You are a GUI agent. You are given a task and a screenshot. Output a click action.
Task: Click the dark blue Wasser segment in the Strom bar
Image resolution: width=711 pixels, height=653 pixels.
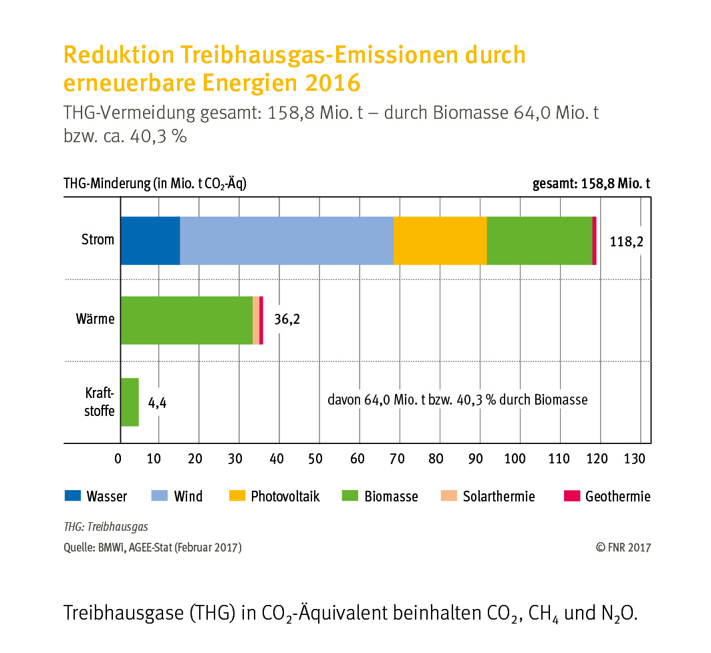pos(150,240)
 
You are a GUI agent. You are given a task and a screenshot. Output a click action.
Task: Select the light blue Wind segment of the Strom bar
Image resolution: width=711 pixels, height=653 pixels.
pos(287,240)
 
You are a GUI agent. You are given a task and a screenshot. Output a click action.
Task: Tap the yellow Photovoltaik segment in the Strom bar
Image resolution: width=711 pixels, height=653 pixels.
pos(440,240)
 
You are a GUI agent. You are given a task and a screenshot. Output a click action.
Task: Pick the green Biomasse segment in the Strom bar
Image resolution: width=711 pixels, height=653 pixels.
pos(539,240)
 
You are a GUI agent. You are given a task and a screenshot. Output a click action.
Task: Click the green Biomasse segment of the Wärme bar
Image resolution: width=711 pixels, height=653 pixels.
pos(186,320)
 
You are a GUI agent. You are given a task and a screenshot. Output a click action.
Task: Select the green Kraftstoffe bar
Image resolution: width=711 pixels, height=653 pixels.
pos(130,402)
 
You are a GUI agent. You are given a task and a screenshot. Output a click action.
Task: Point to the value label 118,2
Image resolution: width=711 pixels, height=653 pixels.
pos(626,242)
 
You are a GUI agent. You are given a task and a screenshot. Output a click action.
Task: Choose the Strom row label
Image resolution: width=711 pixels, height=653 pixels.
pos(98,240)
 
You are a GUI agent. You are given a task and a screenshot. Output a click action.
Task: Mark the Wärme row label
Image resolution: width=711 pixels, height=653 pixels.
pos(95,319)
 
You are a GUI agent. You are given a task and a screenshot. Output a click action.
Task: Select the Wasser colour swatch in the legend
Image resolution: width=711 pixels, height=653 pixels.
pos(72,495)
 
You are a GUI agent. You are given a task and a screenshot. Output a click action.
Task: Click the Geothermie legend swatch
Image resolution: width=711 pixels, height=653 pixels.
pos(572,495)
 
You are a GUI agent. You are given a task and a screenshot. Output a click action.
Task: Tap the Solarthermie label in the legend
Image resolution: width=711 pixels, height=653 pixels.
pos(499,496)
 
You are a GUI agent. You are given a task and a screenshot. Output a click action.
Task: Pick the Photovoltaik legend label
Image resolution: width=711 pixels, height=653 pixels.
pos(285,496)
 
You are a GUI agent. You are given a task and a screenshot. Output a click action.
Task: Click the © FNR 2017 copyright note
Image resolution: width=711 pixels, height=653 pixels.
pos(623,548)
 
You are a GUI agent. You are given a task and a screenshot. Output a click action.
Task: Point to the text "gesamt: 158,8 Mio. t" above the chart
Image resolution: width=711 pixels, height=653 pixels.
pos(591,184)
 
